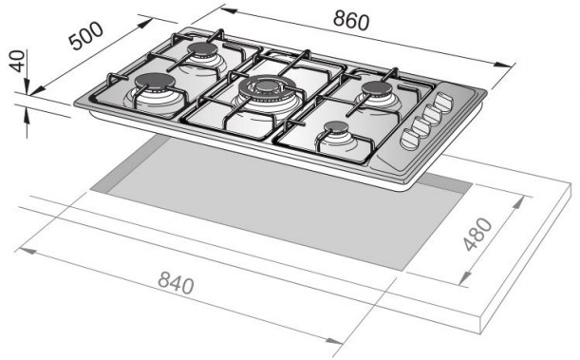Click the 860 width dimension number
(350, 20)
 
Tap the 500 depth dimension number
(86, 36)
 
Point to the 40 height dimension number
(17, 61)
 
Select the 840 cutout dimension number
(176, 283)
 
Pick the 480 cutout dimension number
(477, 235)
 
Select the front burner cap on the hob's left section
(154, 82)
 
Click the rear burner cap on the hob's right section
(376, 89)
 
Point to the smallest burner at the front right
(336, 128)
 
